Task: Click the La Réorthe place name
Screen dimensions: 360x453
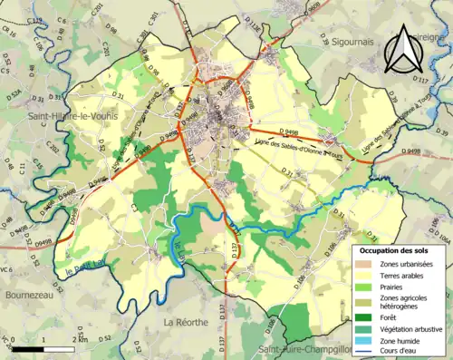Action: click(187, 322)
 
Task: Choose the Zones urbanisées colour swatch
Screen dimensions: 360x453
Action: click(363, 263)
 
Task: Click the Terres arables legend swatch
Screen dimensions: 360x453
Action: click(363, 275)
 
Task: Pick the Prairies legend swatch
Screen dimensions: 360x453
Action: click(363, 287)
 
